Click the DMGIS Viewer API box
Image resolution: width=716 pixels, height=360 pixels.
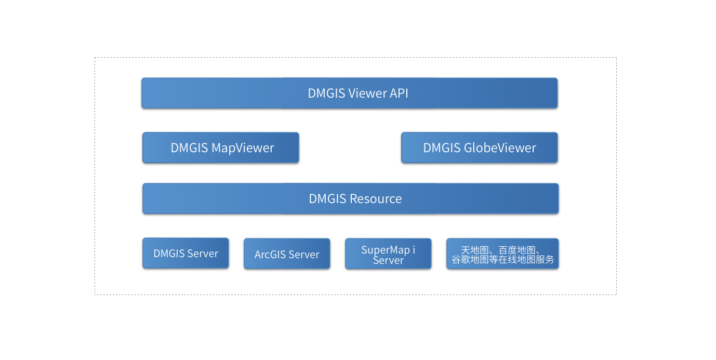(349, 93)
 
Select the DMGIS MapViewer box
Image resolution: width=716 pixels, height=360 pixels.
(221, 148)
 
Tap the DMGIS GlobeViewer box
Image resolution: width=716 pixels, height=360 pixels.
(479, 148)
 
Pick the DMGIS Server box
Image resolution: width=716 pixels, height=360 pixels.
(185, 254)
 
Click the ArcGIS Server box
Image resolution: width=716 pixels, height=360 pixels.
(287, 254)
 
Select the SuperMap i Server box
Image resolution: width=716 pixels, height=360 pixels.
(388, 254)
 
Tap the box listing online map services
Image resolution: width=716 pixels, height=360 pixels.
(502, 254)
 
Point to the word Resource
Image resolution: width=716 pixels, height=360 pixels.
(376, 198)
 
